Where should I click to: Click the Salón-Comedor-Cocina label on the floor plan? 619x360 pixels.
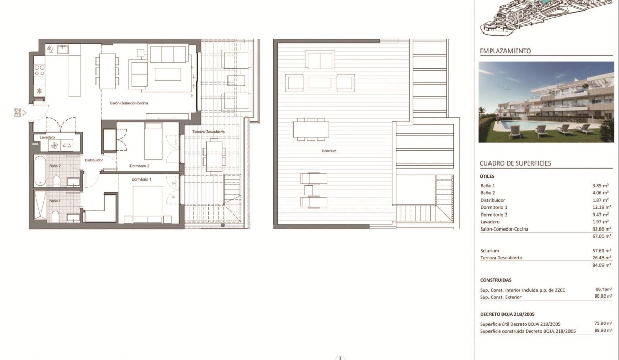(x=129, y=103)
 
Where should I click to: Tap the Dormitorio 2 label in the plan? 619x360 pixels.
(x=139, y=166)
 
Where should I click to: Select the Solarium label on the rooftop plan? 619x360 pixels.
(x=329, y=151)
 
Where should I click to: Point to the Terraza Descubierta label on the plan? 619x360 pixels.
(x=208, y=132)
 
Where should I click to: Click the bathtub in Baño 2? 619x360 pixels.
(x=40, y=171)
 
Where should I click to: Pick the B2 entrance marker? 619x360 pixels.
(x=18, y=113)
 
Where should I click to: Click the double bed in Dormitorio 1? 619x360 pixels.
(x=148, y=204)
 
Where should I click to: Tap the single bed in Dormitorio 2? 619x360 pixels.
(x=153, y=141)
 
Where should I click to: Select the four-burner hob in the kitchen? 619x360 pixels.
(x=40, y=70)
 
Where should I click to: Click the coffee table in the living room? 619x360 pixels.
(x=168, y=74)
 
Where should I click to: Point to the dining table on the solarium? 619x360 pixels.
(x=311, y=129)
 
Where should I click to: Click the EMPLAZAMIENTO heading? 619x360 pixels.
(x=506, y=51)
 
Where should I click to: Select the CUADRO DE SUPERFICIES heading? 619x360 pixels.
(x=515, y=163)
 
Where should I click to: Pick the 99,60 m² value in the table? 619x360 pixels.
(x=603, y=330)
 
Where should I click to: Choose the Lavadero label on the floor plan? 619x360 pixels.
(x=47, y=137)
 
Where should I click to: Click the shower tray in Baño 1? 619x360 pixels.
(x=40, y=205)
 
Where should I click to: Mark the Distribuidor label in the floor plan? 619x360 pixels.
(x=94, y=160)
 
